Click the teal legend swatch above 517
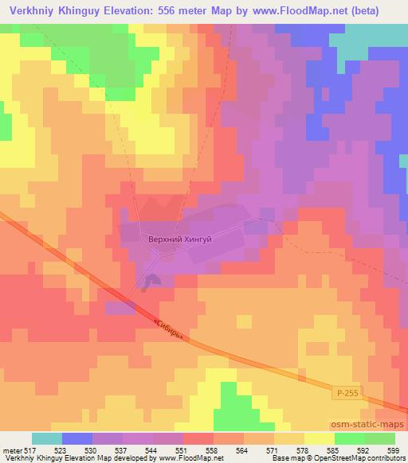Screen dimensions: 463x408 [47, 438]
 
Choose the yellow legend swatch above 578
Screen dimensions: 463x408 [319, 438]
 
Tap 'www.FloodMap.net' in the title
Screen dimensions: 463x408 [305, 10]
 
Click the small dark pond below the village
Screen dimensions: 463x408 [151, 281]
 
